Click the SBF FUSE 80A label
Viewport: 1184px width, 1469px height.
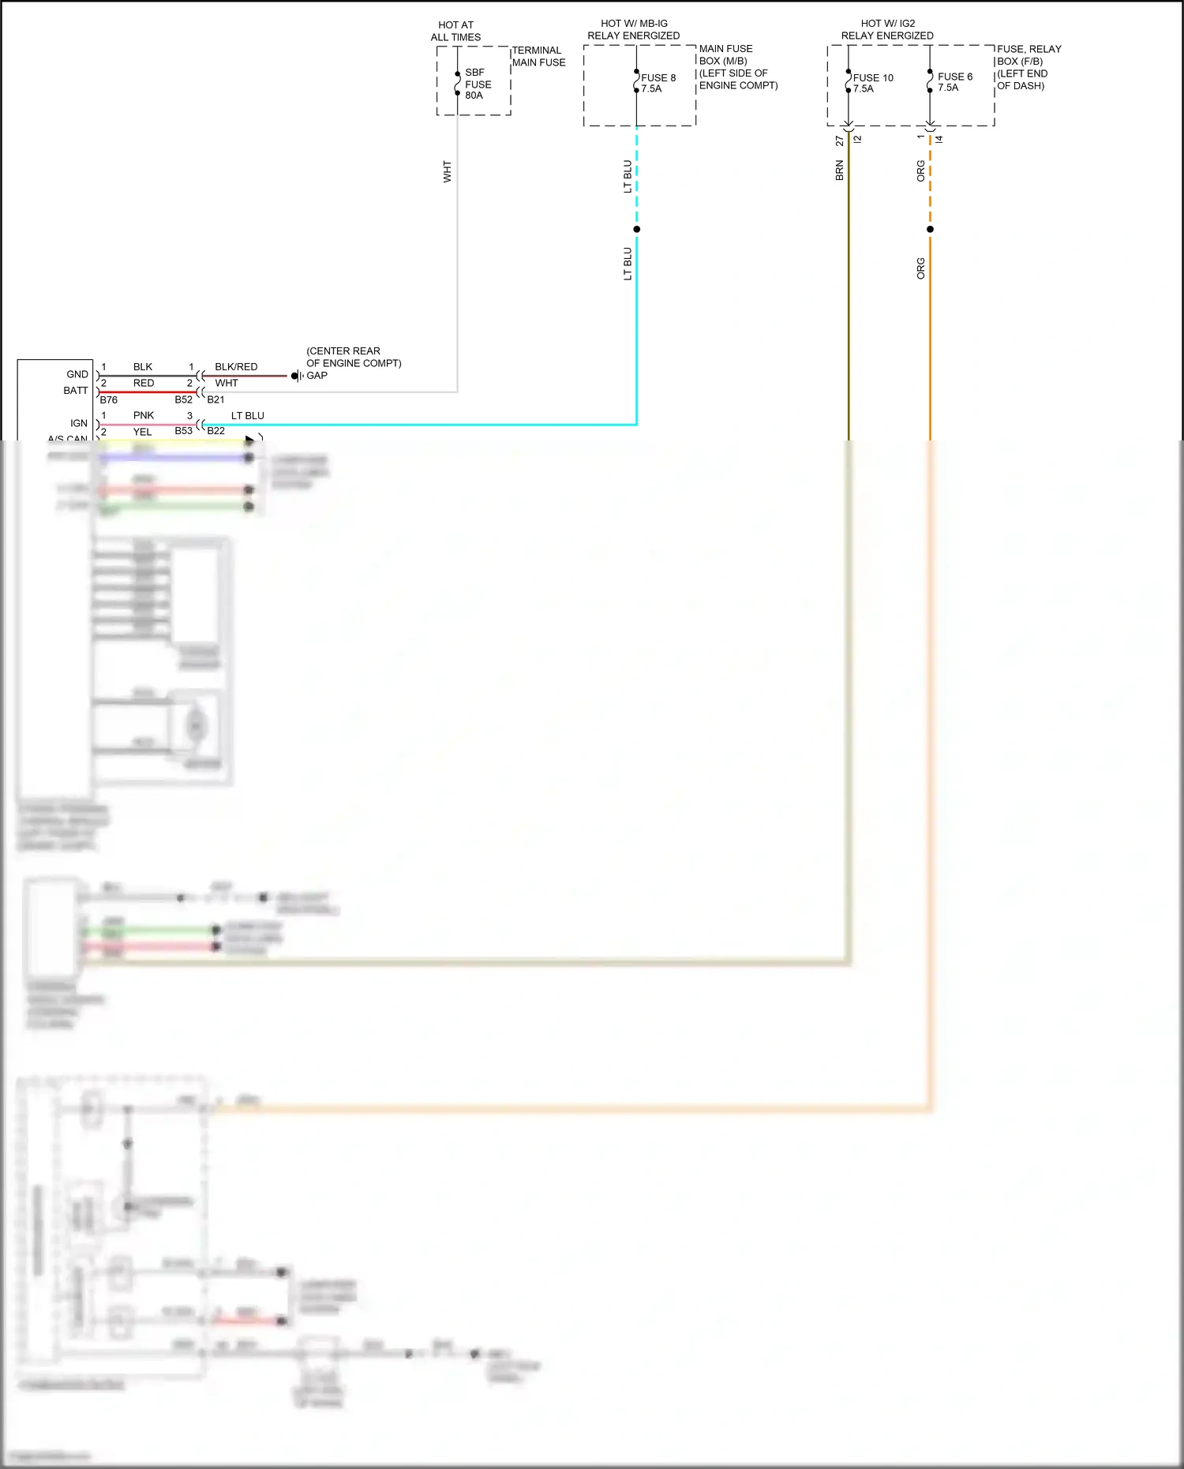pyautogui.click(x=477, y=84)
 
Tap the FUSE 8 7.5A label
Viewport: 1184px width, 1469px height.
pyautogui.click(x=658, y=83)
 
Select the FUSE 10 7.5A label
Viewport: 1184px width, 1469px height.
pyautogui.click(x=872, y=83)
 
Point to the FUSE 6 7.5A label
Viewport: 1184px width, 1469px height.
pyautogui.click(x=954, y=82)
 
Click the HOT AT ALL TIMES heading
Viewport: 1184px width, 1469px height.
pyautogui.click(x=455, y=31)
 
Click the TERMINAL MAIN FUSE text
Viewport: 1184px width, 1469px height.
pyautogui.click(x=538, y=56)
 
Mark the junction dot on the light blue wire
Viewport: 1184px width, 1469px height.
pyautogui.click(x=636, y=230)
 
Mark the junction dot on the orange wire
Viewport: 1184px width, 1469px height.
pyautogui.click(x=930, y=230)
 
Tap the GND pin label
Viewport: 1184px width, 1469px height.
pyautogui.click(x=77, y=374)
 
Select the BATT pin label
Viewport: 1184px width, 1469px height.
pyautogui.click(x=76, y=391)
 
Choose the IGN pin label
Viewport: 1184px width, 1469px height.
pyautogui.click(x=79, y=423)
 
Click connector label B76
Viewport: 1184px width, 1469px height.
pyautogui.click(x=108, y=400)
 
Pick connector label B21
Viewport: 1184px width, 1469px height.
pyautogui.click(x=215, y=399)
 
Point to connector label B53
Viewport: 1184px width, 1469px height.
pyautogui.click(x=183, y=431)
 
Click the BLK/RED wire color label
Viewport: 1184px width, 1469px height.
pyautogui.click(x=236, y=367)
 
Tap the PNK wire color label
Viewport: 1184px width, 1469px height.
pyautogui.click(x=143, y=415)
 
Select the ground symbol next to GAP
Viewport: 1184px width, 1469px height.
pyautogui.click(x=296, y=376)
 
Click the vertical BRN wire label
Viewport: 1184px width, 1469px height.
pyautogui.click(x=839, y=171)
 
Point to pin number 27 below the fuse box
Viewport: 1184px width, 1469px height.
pyautogui.click(x=839, y=141)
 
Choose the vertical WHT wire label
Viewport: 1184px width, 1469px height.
pyautogui.click(x=447, y=172)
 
